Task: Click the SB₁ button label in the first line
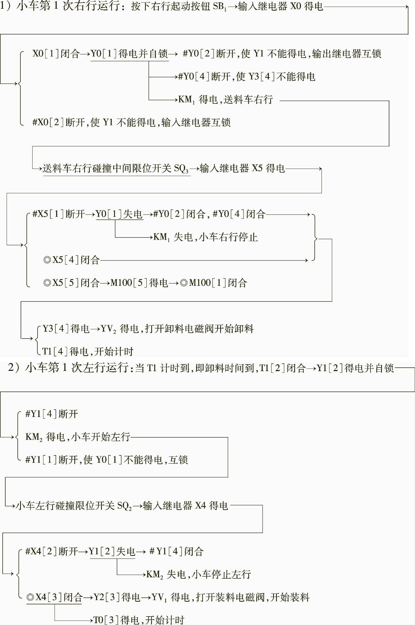tap(219, 6)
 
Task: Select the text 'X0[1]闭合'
tap(56, 54)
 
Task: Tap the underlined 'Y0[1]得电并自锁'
tap(130, 54)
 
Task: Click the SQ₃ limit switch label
tap(181, 169)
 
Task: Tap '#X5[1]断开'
tap(58, 214)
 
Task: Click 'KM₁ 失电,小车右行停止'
tap(205, 237)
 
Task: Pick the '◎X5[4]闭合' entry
tap(71, 260)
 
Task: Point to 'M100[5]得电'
tap(139, 283)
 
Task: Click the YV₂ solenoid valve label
tap(109, 329)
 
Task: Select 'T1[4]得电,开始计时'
tap(88, 352)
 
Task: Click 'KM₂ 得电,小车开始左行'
tap(78, 437)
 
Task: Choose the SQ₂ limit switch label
tap(124, 506)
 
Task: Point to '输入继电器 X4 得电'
tap(185, 506)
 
